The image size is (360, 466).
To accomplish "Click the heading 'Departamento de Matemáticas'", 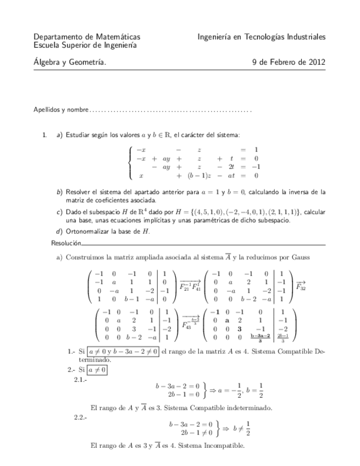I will click(86, 37).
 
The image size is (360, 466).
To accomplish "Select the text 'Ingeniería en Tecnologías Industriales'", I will click(262, 37).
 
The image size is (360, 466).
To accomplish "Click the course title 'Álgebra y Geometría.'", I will click(70, 63).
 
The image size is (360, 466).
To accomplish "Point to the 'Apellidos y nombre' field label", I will click(60, 110).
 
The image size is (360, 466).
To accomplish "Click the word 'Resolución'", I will click(66, 242).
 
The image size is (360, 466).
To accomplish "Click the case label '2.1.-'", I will click(81, 379).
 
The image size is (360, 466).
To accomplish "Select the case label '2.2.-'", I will click(81, 417).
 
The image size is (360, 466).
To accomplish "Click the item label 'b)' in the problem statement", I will click(59, 192).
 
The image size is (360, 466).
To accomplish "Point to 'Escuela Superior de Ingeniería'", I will click(85, 45).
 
